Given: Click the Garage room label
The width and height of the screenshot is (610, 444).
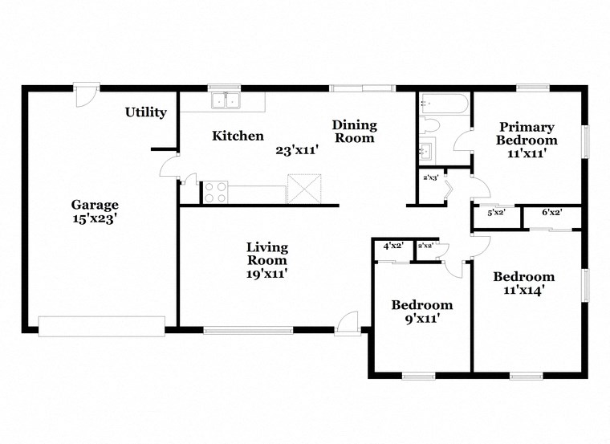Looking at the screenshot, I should pos(95,205).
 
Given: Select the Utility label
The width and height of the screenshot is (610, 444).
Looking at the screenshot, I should pos(145,112).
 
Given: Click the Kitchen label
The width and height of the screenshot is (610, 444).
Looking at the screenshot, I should pos(238,136).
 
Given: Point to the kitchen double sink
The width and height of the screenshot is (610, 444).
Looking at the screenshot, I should pos(226,101).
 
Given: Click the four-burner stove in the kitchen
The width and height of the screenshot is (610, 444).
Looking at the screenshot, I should pos(214,192).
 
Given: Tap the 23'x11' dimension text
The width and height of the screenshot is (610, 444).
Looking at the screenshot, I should pos(297,150).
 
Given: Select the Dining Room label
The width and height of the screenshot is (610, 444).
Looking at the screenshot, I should pos(354,132).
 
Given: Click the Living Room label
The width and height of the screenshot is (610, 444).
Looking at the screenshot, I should pos(267,254).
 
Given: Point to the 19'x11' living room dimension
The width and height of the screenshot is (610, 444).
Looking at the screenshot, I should pos(267,274).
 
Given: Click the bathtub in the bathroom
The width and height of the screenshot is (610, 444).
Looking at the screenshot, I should pos(443,104).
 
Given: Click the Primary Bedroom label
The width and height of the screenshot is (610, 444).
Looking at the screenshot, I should pos(526,133).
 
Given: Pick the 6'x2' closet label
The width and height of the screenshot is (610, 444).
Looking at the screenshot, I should pos(551,213).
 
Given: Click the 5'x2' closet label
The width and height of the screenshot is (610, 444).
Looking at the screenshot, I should pos(497,213).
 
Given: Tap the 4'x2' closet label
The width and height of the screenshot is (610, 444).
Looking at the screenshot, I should pos(392,246).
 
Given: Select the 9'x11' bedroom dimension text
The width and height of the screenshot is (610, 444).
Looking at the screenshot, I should pos(421,318).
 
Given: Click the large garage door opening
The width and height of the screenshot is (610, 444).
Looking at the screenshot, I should pos(101,325).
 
